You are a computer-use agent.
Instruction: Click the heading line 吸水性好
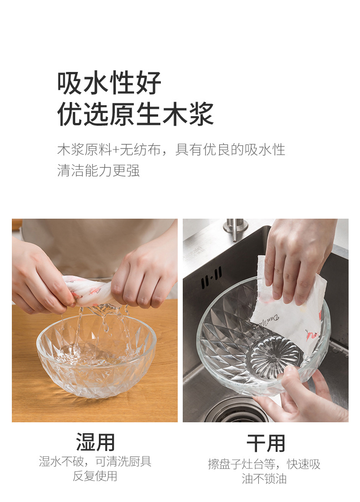(109, 83)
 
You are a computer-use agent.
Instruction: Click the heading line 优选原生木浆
(135, 114)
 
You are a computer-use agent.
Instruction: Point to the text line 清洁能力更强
(98, 171)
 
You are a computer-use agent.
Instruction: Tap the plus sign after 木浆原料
(115, 149)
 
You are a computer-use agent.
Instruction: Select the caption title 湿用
(95, 442)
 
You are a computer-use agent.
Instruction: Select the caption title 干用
(266, 443)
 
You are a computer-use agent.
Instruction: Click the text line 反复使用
(95, 476)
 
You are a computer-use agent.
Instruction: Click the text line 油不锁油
(264, 479)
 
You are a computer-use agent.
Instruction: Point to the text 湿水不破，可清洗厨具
(95, 461)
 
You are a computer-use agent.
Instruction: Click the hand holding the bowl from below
(301, 396)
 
